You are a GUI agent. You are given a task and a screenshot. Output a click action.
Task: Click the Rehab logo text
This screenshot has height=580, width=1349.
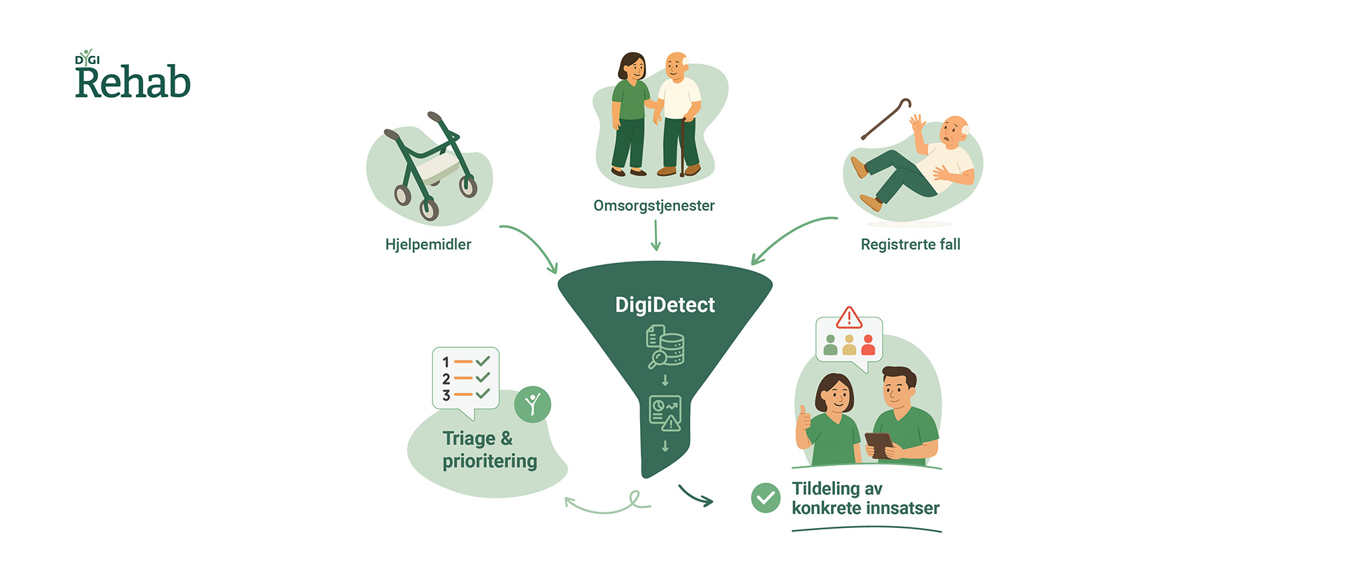click(133, 82)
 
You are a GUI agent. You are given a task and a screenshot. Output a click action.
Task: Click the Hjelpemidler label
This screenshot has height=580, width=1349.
click(428, 244)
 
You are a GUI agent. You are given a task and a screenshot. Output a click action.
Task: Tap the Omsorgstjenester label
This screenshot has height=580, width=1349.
click(654, 206)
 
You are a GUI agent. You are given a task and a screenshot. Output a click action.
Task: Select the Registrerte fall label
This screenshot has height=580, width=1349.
click(910, 244)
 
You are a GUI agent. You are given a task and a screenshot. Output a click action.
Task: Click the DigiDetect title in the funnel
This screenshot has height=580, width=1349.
click(664, 305)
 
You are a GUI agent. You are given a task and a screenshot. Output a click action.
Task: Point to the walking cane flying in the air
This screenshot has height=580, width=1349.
click(886, 119)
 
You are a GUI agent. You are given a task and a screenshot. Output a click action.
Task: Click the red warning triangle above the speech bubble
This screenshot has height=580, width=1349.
click(849, 318)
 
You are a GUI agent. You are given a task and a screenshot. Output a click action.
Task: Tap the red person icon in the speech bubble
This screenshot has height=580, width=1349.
click(868, 345)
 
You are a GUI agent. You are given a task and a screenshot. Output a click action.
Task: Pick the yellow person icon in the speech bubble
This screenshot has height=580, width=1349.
click(849, 345)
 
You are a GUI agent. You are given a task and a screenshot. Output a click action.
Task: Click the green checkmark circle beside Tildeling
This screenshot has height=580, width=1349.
click(766, 498)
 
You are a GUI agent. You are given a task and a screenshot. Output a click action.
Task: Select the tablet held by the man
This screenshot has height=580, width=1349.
click(879, 445)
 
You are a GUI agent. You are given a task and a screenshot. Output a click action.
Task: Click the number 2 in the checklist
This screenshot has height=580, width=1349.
click(446, 379)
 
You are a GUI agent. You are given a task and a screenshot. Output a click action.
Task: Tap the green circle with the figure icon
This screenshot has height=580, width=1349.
click(532, 405)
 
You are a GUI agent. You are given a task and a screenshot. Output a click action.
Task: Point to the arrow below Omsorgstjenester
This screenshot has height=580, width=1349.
click(655, 235)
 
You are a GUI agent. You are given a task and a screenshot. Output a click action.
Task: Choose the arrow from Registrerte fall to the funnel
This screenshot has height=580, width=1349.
click(789, 236)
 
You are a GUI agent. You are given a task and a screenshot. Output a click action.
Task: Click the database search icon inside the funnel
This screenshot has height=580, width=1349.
click(665, 347)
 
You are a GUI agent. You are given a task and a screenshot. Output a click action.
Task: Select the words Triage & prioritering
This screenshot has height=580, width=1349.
click(489, 450)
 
